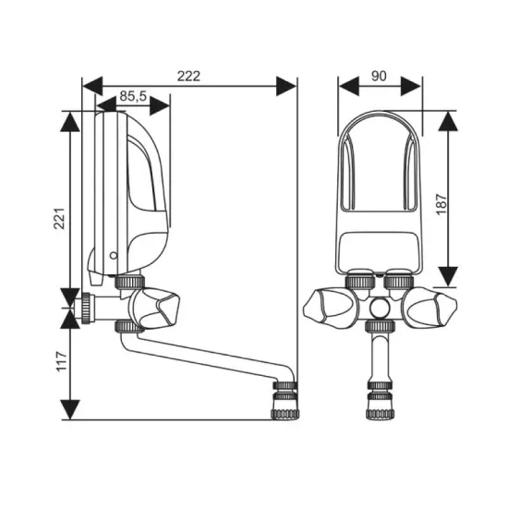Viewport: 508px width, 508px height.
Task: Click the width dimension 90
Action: [379, 76]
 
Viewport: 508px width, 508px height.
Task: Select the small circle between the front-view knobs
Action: [381, 305]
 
